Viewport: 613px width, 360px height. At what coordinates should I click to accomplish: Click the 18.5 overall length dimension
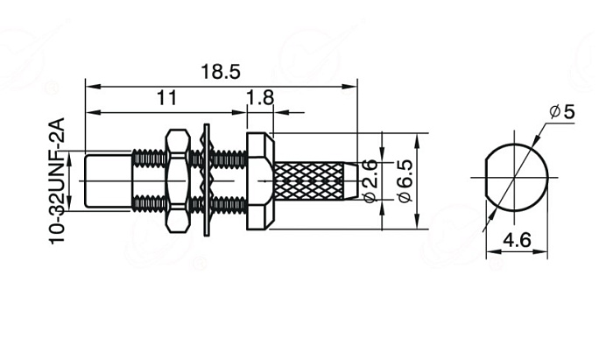[x=221, y=72]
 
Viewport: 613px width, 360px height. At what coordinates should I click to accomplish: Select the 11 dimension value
[x=167, y=98]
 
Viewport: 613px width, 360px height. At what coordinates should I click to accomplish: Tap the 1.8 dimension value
[x=260, y=98]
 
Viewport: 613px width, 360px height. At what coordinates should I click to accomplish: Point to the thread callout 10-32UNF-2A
[x=57, y=180]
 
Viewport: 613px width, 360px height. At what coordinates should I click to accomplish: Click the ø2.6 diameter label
[x=370, y=180]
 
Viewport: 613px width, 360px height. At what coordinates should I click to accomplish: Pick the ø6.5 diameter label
[x=405, y=180]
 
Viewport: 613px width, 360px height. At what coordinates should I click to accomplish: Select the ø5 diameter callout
[x=562, y=112]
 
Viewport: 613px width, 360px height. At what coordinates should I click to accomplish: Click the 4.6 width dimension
[x=517, y=240]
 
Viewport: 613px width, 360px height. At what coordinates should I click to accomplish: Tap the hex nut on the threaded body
[x=178, y=181]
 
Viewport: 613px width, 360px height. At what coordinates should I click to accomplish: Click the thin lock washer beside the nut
[x=207, y=180]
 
